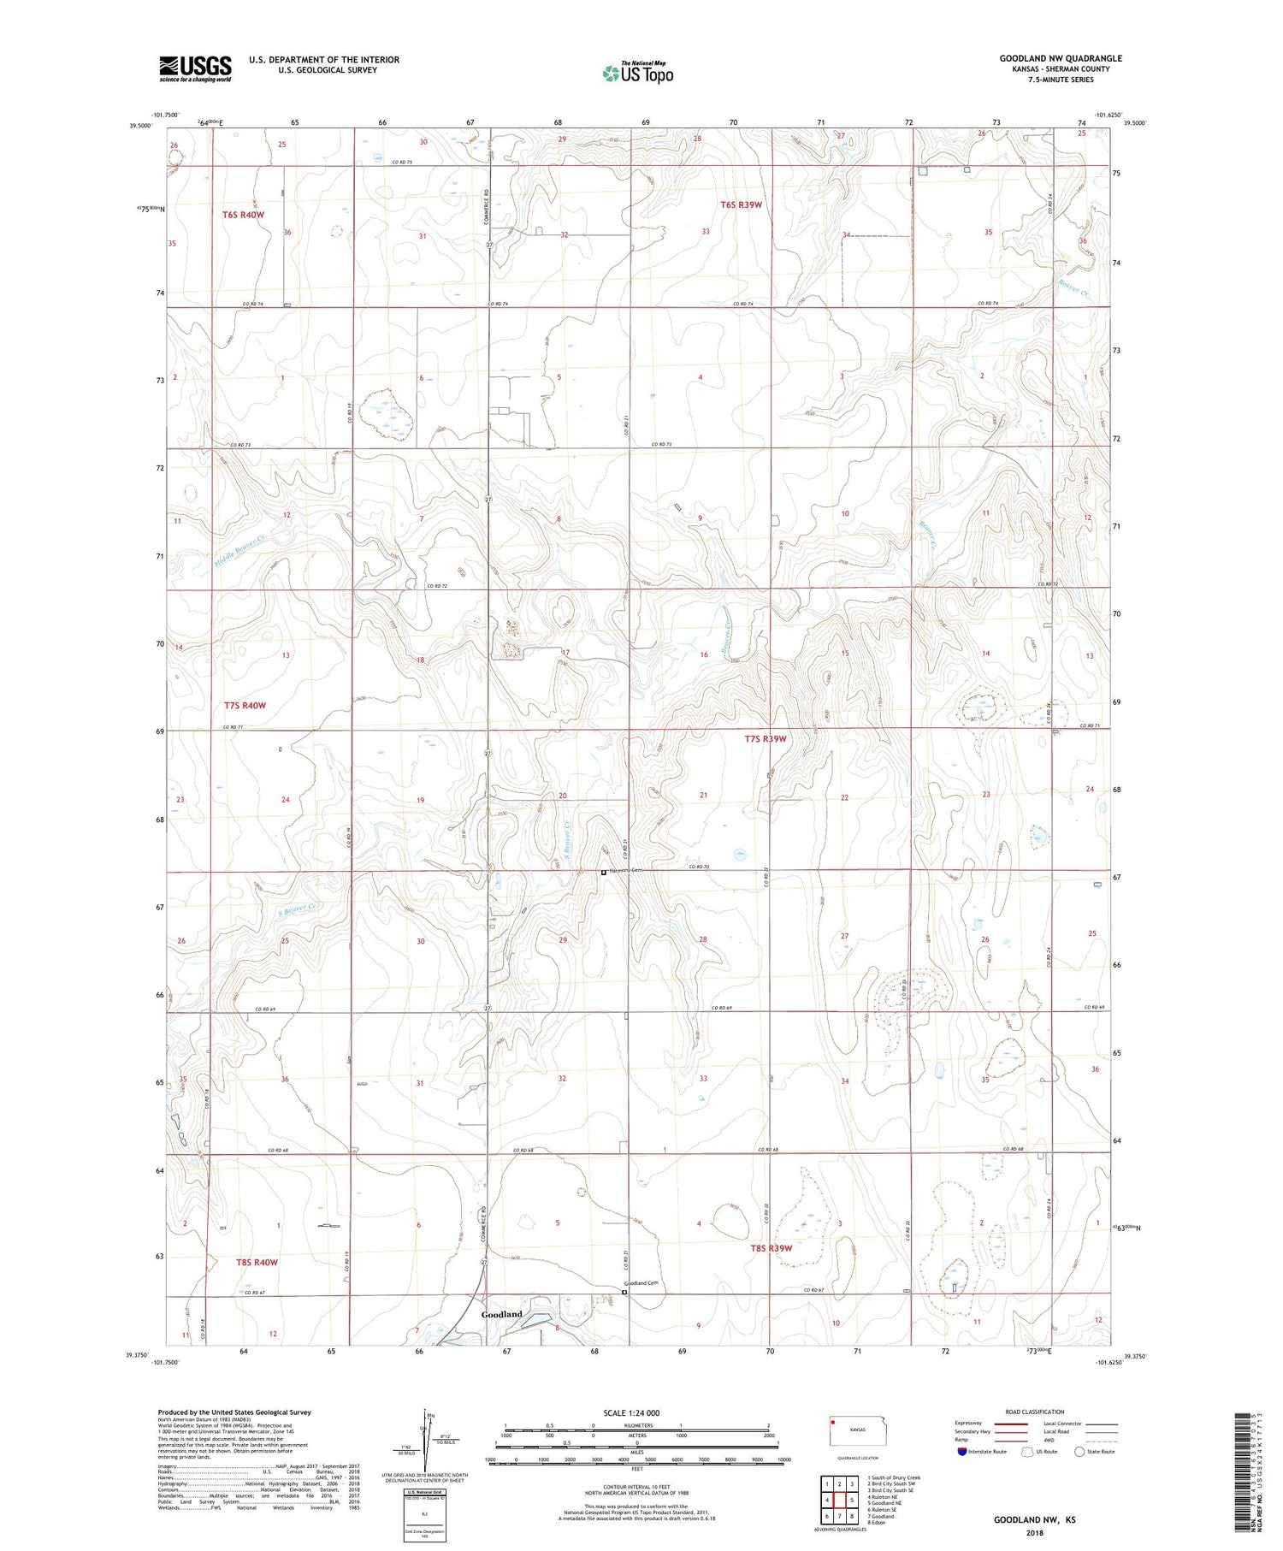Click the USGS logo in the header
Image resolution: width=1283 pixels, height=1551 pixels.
click(195, 68)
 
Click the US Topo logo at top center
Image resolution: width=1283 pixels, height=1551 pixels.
click(638, 73)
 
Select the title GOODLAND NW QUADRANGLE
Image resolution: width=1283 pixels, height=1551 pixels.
click(1061, 58)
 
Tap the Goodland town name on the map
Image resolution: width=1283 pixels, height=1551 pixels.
click(501, 1314)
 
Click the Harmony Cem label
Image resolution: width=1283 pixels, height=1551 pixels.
click(624, 870)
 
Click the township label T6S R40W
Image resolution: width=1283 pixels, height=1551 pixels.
click(244, 215)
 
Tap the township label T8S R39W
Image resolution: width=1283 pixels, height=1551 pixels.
click(771, 1248)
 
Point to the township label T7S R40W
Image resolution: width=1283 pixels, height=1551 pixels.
click(245, 706)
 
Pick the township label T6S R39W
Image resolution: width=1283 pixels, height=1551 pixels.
click(741, 204)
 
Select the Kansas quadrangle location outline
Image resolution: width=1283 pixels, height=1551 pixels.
click(863, 1430)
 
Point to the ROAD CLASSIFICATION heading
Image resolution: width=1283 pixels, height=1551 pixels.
click(1034, 1412)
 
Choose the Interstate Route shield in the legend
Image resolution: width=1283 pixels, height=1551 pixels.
click(962, 1451)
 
